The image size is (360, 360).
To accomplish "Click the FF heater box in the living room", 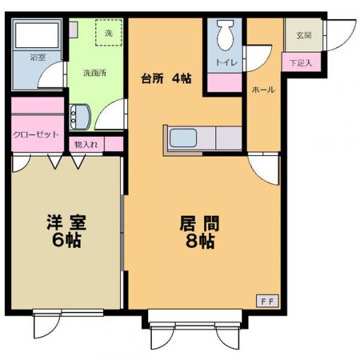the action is [x=268, y=301].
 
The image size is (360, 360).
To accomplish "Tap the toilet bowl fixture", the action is [x=226, y=35].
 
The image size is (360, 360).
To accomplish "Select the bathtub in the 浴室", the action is [x=37, y=35].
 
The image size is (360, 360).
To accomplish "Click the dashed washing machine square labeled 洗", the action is [x=109, y=32].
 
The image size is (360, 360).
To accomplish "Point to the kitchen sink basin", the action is [x=184, y=138].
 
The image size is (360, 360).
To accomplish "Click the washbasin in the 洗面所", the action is [x=80, y=117].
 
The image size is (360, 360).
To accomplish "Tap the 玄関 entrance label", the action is [x=304, y=35].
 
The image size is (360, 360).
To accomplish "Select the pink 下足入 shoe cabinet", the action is [x=301, y=62].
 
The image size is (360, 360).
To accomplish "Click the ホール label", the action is [x=263, y=90].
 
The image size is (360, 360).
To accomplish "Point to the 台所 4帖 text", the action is [x=167, y=79].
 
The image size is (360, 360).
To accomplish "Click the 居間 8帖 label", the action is [x=200, y=232].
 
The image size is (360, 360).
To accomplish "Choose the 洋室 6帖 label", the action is [x=66, y=231].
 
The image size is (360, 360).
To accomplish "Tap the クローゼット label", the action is [x=36, y=135].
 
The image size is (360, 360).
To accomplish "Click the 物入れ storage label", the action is [x=86, y=145].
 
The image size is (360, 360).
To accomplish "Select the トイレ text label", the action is [x=227, y=63].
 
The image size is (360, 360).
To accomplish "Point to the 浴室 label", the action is [x=37, y=57].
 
